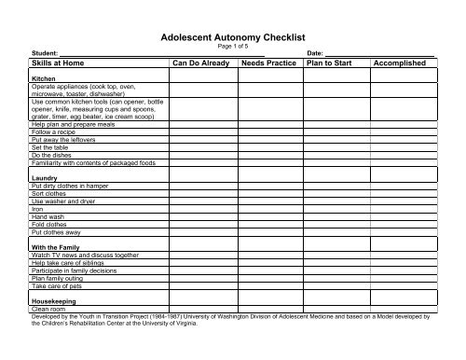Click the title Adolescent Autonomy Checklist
pyautogui.click(x=233, y=37)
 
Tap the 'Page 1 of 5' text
pyautogui.click(x=233, y=48)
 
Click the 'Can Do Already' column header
pyautogui.click(x=202, y=62)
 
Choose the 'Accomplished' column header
pyautogui.click(x=399, y=62)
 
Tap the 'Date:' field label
pyautogui.click(x=314, y=54)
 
